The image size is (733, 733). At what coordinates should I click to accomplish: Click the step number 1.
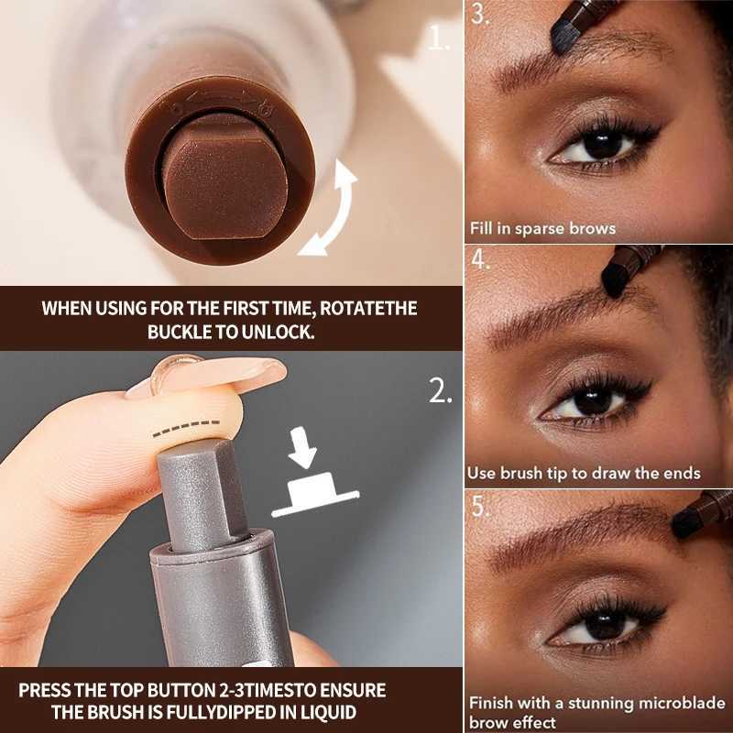pos(440,39)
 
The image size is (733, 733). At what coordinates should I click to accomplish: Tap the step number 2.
pos(440,391)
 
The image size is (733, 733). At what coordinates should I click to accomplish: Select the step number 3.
pos(481,16)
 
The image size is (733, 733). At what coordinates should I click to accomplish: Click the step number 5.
pos(481,506)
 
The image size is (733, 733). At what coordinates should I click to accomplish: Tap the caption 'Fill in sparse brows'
pos(542,228)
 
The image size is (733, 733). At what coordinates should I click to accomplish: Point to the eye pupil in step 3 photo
pos(600,145)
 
